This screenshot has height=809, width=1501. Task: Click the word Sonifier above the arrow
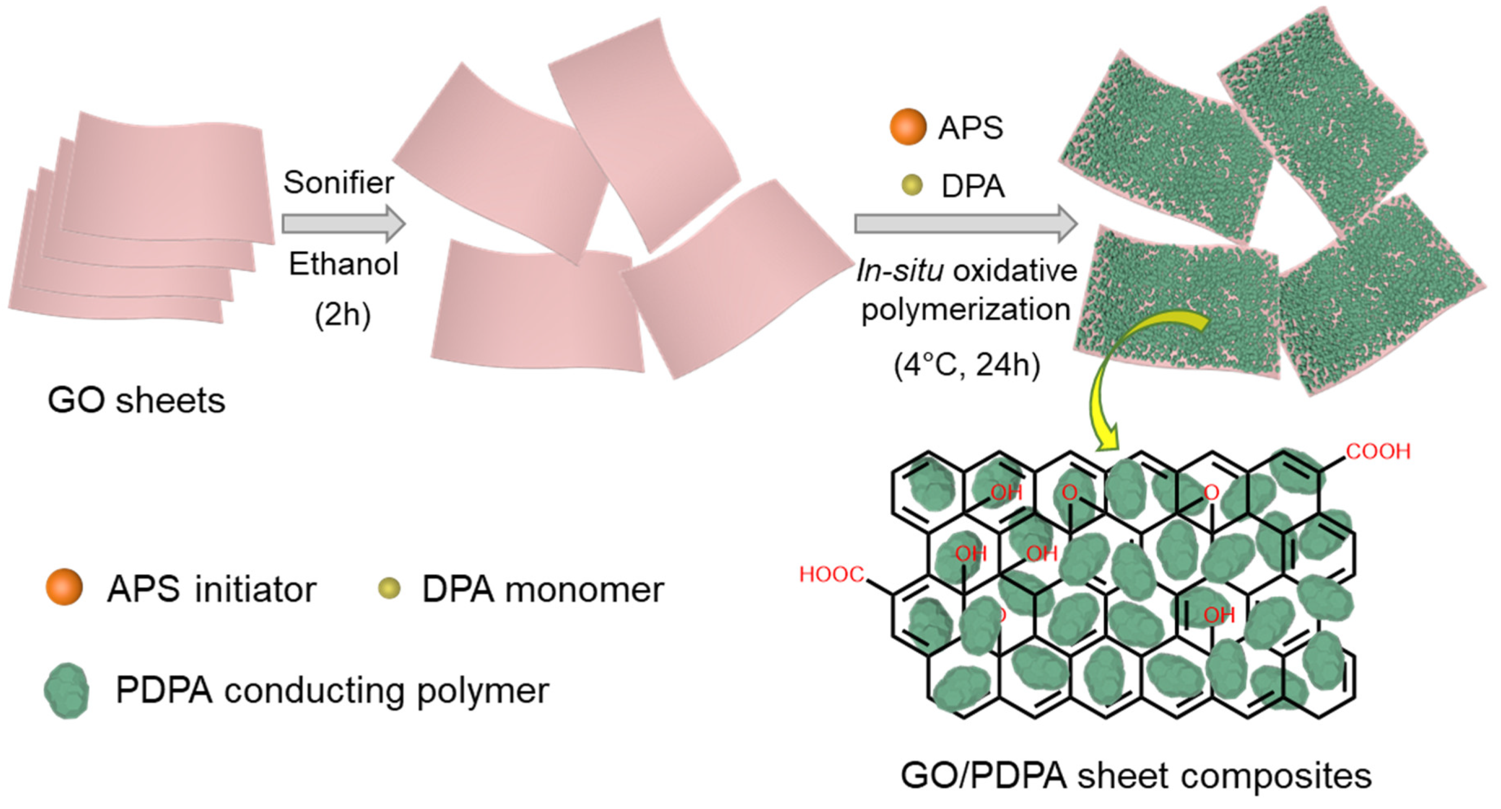(338, 183)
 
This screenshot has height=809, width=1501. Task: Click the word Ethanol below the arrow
(344, 264)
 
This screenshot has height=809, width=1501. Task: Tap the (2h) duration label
(343, 315)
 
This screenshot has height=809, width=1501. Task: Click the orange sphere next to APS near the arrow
(908, 126)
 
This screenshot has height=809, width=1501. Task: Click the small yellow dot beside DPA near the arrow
(912, 186)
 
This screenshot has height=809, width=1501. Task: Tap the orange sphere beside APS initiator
(64, 587)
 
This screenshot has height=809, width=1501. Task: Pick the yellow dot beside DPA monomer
(389, 588)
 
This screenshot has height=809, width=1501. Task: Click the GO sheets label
(136, 401)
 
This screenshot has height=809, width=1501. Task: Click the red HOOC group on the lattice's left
(831, 575)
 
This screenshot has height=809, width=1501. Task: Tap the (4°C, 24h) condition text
(967, 366)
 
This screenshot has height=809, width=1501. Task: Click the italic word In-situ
(899, 271)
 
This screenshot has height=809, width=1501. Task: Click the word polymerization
(966, 309)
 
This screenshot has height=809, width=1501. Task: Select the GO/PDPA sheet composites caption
(1136, 776)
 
